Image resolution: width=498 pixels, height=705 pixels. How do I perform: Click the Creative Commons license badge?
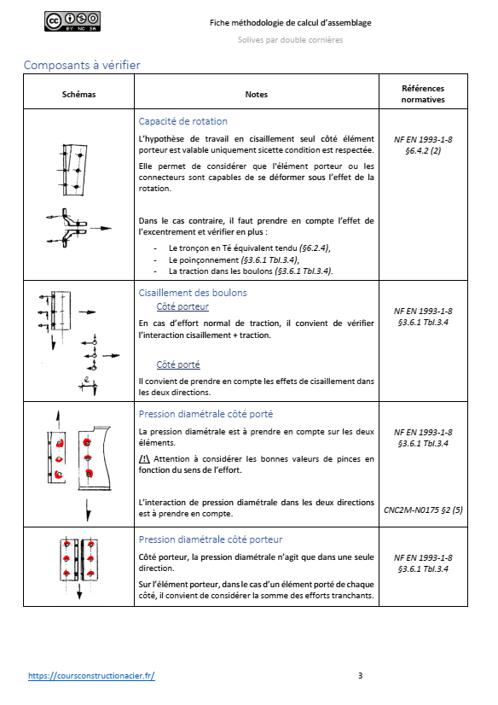tap(72, 22)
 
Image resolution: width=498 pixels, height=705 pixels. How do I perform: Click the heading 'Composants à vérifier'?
tap(82, 65)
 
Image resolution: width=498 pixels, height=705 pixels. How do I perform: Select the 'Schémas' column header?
tap(79, 94)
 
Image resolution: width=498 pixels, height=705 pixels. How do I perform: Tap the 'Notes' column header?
tap(256, 94)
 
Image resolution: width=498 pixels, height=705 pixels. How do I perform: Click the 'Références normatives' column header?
tap(423, 94)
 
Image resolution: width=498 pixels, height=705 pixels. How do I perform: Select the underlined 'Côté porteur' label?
tap(182, 306)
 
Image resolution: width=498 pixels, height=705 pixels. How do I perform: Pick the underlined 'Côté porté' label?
tap(177, 364)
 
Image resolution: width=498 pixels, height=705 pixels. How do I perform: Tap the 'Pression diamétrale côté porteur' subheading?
tap(210, 539)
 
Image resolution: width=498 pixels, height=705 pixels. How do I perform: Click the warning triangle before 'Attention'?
tap(144, 459)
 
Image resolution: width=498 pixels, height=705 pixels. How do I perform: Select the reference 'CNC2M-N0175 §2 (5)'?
tap(423, 510)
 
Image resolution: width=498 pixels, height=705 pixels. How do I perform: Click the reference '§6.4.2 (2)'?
tap(423, 150)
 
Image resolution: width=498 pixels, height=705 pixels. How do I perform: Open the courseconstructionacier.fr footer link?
tap(91, 676)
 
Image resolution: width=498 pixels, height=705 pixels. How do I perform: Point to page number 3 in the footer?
tap(360, 676)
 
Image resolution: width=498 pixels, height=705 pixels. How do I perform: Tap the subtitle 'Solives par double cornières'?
tap(289, 41)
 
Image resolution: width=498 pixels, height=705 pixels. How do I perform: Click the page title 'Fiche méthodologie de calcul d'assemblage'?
tap(289, 22)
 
